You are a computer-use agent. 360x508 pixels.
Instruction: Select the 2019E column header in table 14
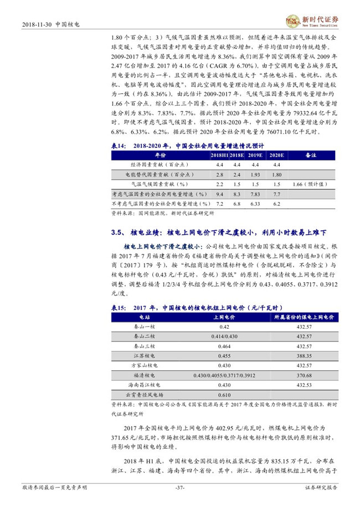point(255,156)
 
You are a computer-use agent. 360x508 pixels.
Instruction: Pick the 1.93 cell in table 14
point(255,174)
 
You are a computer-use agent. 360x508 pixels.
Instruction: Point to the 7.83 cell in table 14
point(255,194)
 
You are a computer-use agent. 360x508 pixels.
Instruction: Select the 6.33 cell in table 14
point(255,204)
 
